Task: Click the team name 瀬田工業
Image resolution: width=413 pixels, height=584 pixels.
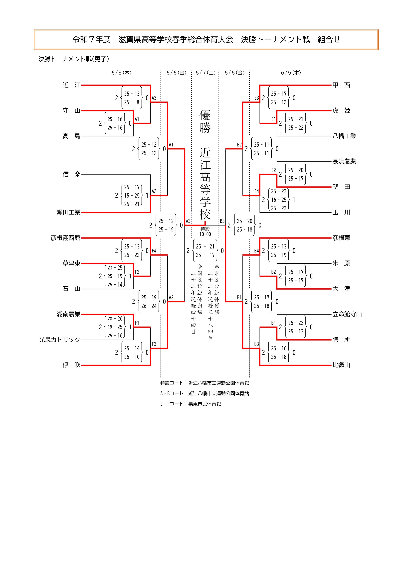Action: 68,212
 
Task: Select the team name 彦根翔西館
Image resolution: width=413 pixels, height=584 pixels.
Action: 65,238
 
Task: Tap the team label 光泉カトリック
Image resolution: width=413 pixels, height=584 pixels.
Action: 60,340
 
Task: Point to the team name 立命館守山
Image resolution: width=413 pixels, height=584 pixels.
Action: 347,314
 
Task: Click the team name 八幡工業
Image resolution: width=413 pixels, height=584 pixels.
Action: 344,136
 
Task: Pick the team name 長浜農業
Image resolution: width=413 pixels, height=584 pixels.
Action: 344,161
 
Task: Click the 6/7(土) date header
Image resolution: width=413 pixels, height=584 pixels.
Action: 205,73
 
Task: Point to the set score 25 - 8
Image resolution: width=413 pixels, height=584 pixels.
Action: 132,102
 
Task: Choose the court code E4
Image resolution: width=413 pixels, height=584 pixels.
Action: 256,191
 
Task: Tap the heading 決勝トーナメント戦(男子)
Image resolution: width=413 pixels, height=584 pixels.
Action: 74,59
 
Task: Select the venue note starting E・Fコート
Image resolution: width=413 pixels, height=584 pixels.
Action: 191,404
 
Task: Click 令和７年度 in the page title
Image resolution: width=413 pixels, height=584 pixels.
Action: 92,39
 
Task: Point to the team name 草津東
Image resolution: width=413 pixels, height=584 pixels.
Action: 71,263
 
